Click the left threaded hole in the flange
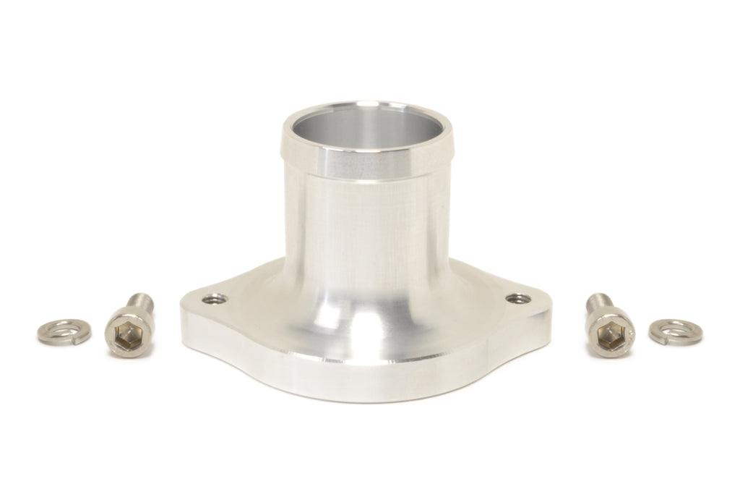214,299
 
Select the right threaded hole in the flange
517,298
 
